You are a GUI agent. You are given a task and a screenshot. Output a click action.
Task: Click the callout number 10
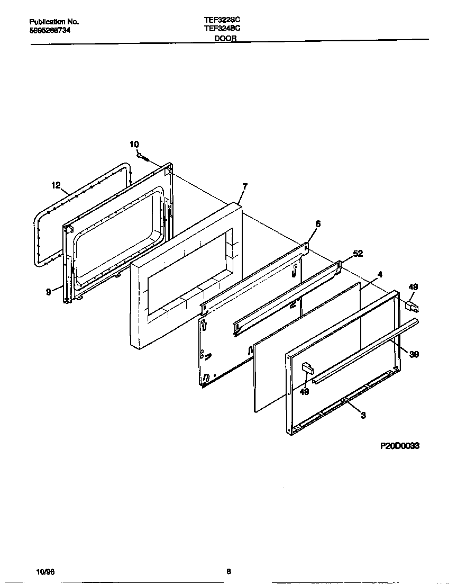coord(134,145)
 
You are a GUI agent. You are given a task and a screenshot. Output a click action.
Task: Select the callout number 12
coord(56,185)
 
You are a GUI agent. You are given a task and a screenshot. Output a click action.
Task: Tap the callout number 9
coord(49,291)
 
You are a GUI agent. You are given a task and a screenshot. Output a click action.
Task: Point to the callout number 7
coord(244,186)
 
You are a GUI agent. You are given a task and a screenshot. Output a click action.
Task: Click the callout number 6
coord(317,224)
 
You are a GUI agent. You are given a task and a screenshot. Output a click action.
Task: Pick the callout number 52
coord(358,254)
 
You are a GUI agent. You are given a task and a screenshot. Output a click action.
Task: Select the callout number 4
coord(380,274)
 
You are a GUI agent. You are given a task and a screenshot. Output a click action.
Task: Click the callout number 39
coord(414,355)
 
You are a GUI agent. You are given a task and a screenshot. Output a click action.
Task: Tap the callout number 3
coord(363,416)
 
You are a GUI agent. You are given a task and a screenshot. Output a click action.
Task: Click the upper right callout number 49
coord(413,287)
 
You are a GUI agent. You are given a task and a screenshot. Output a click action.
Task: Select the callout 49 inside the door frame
coord(304,392)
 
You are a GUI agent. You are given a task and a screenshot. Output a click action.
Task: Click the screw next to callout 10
coord(143,157)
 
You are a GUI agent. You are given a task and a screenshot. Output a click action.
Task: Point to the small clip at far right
coord(411,306)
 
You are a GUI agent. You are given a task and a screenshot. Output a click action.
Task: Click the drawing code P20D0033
coord(399,446)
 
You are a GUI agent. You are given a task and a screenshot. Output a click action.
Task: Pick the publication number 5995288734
coord(50,30)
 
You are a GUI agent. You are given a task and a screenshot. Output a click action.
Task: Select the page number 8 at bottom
coord(229,571)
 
